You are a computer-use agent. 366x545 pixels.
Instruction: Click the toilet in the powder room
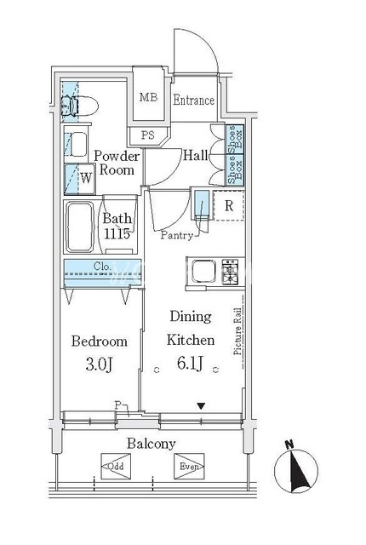click(x=79, y=106)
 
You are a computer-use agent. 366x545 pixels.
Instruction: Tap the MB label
click(x=148, y=97)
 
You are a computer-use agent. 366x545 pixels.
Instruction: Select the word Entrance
click(x=194, y=100)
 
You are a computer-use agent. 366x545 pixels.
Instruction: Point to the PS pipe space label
click(x=148, y=135)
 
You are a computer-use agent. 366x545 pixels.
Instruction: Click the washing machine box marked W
click(x=80, y=179)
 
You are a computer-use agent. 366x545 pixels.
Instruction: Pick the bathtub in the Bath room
click(x=80, y=227)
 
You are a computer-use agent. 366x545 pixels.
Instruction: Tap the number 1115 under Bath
click(x=117, y=233)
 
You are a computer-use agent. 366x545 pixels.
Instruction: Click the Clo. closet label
click(x=102, y=267)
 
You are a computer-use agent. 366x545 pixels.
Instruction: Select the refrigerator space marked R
click(x=229, y=205)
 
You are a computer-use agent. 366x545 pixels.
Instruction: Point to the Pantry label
click(x=177, y=235)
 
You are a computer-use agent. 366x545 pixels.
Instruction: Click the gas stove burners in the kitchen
click(x=230, y=271)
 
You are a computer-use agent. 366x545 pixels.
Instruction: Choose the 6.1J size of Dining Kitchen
click(x=190, y=364)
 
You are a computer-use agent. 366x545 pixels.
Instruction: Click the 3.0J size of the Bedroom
click(x=99, y=364)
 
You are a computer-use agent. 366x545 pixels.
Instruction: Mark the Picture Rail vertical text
click(x=237, y=331)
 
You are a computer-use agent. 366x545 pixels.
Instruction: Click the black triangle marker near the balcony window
click(x=202, y=406)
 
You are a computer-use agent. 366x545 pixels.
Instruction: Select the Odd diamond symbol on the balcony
click(x=116, y=466)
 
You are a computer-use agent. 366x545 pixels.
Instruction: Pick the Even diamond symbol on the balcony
click(x=189, y=466)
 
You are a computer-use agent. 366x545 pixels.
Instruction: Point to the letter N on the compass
click(x=289, y=444)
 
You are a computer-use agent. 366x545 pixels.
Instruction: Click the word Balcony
click(x=152, y=444)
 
